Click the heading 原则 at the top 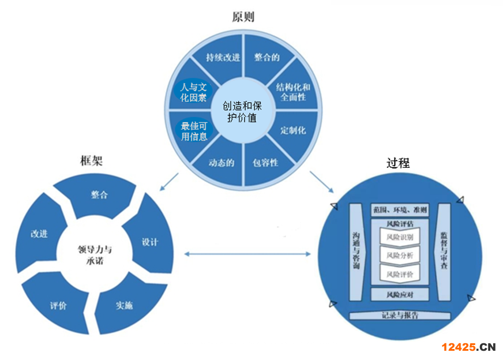243,17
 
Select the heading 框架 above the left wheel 91,162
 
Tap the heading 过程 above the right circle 397,163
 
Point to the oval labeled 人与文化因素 193,93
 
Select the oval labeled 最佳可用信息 194,132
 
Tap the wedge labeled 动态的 222,163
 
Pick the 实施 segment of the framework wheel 123,305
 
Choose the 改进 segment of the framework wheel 39,234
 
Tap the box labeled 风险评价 400,273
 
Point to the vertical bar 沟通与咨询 356,252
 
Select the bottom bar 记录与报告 400,316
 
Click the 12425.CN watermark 468,347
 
